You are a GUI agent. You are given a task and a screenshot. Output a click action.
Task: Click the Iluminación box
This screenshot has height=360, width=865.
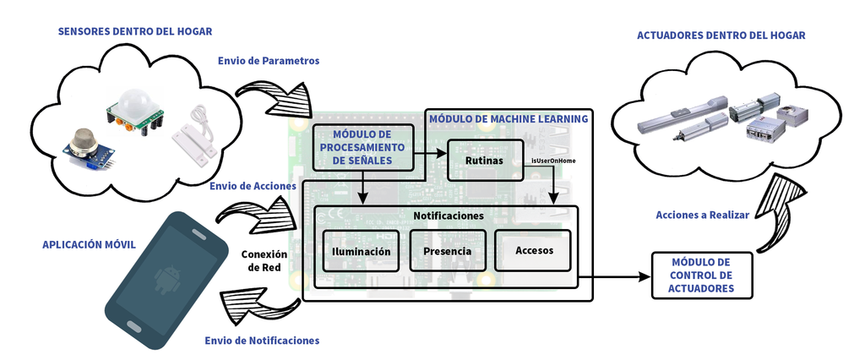[362, 251]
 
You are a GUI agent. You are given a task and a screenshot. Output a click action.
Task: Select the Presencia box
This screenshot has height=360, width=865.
[447, 251]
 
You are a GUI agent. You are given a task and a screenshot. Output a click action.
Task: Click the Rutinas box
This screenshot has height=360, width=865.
[484, 160]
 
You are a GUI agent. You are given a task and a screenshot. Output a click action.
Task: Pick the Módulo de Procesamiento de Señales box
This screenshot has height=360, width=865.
[362, 147]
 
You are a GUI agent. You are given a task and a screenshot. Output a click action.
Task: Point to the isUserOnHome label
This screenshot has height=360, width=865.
[552, 160]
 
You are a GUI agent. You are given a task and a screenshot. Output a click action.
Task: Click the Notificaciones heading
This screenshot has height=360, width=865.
[448, 216]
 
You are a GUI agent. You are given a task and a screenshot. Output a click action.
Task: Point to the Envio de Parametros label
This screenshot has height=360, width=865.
[268, 61]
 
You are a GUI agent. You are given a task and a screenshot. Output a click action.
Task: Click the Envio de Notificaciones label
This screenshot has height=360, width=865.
[262, 341]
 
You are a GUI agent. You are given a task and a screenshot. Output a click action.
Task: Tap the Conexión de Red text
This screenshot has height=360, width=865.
[264, 260]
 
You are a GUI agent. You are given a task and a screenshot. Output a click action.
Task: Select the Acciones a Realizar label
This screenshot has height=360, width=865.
[702, 215]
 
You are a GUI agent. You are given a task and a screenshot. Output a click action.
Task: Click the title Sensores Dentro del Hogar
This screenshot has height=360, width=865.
[134, 31]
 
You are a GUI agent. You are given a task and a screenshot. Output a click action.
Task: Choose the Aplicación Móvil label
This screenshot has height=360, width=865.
[89, 244]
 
